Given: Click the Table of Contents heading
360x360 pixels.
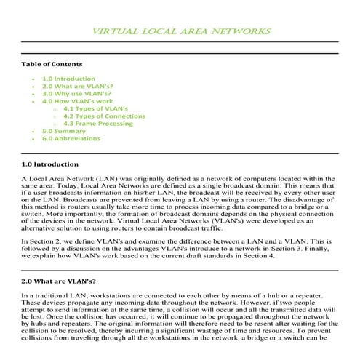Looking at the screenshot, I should (52, 64).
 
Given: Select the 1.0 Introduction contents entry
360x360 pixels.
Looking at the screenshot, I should (68, 79).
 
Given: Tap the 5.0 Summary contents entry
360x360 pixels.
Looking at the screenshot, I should (64, 131).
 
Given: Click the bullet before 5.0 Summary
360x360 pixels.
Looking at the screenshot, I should (34, 131).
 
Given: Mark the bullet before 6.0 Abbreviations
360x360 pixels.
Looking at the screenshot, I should (34, 138).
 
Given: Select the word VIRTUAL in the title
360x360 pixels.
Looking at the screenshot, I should (115, 31).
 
